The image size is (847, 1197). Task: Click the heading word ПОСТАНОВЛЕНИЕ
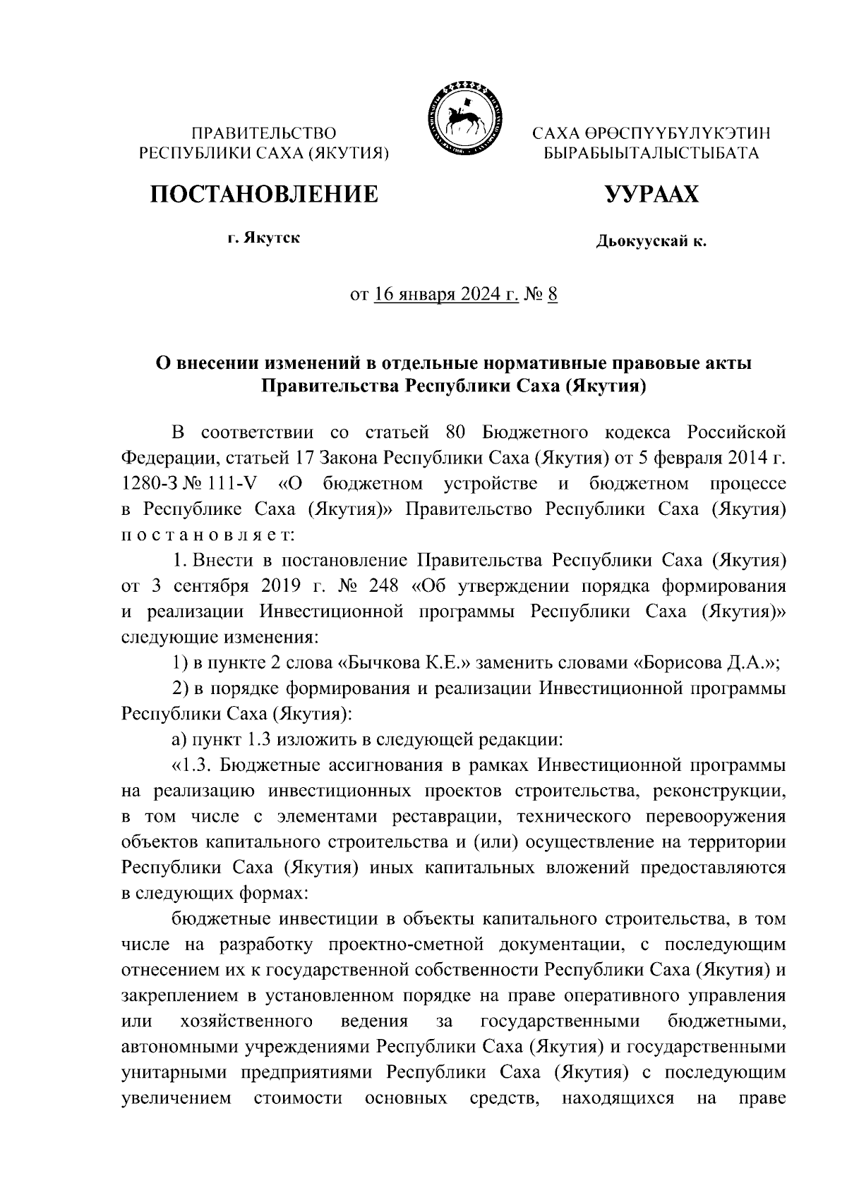point(263,193)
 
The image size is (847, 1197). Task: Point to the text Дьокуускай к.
point(651,242)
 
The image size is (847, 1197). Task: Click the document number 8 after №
point(552,294)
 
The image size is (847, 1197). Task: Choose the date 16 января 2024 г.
point(445,294)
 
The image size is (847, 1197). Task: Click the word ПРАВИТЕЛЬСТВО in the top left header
point(264,133)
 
